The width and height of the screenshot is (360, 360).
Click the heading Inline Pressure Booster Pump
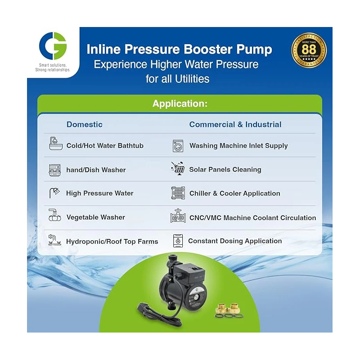pyautogui.click(x=179, y=49)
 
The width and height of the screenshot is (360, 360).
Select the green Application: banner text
pyautogui.click(x=180, y=103)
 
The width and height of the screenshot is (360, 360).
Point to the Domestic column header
pyautogui.click(x=85, y=125)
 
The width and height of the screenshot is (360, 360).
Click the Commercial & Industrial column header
pyautogui.click(x=235, y=125)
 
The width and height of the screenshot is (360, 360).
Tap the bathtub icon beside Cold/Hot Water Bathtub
pyautogui.click(x=55, y=145)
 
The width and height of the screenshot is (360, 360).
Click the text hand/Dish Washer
pyautogui.click(x=96, y=170)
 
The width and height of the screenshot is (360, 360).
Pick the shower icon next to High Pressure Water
pyautogui.click(x=55, y=193)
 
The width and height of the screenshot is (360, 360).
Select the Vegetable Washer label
pyautogui.click(x=96, y=217)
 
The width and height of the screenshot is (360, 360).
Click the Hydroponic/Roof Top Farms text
pyautogui.click(x=112, y=242)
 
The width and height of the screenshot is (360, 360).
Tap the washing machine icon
pyautogui.click(x=178, y=146)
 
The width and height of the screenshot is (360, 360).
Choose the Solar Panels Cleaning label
pyautogui.click(x=225, y=170)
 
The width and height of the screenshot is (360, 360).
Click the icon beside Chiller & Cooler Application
pyautogui.click(x=178, y=193)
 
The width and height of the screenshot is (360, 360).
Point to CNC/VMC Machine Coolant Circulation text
pyautogui.click(x=252, y=218)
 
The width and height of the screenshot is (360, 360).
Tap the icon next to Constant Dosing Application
pyautogui.click(x=178, y=241)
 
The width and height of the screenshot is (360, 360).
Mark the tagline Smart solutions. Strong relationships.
pyautogui.click(x=53, y=67)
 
